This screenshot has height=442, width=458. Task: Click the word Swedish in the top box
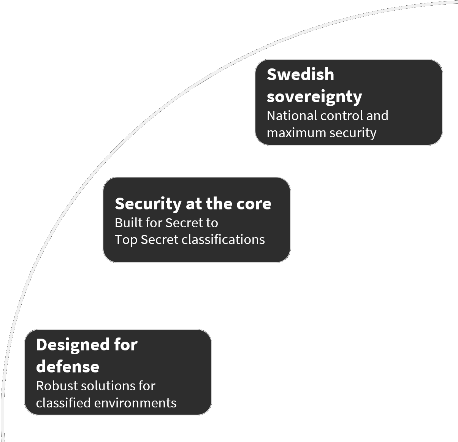click(x=300, y=74)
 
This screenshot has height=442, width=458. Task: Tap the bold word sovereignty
click(x=314, y=97)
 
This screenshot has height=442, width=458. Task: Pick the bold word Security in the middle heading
click(x=148, y=204)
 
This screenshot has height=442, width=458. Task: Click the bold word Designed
click(x=73, y=345)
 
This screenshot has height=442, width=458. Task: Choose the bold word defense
click(x=68, y=367)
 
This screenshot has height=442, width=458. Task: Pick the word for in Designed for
click(x=126, y=345)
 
